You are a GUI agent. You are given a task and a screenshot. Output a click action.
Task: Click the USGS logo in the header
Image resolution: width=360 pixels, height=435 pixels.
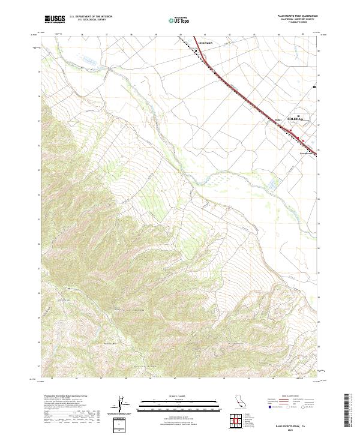[55, 19]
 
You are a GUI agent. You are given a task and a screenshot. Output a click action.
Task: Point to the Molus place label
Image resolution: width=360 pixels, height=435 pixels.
[278, 120]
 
